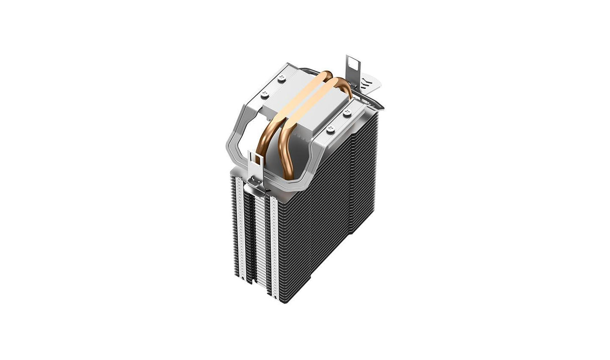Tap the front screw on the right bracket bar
330,130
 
